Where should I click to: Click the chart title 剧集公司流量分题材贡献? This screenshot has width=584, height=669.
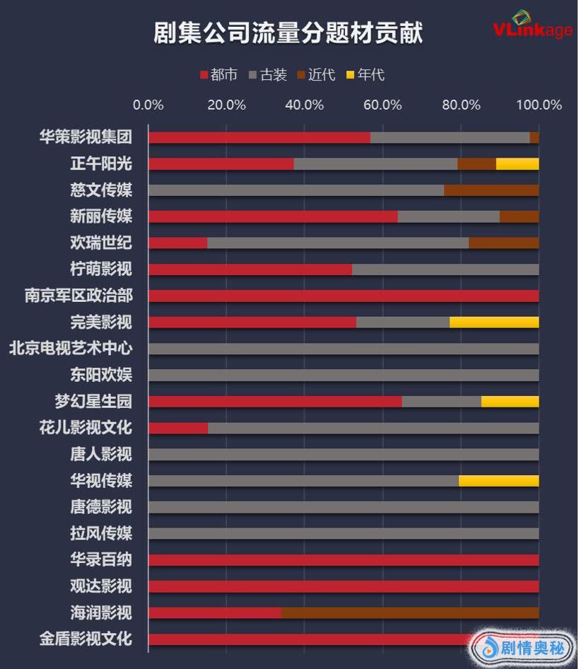click(288, 33)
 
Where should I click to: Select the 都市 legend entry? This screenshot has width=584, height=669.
click(219, 74)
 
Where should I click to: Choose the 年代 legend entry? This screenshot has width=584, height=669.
click(365, 74)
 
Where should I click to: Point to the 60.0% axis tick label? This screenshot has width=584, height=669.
click(382, 105)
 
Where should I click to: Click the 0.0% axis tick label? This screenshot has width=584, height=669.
click(148, 105)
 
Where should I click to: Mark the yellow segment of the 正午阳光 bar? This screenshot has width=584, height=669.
click(517, 164)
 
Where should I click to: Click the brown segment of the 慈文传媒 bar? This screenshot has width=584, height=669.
click(491, 190)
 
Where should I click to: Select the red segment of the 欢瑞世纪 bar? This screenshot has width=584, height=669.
click(177, 243)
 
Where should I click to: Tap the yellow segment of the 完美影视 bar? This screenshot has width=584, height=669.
click(494, 322)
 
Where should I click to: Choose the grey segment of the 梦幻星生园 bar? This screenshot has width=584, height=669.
click(441, 402)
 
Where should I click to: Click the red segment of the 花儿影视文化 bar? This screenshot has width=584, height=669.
click(178, 428)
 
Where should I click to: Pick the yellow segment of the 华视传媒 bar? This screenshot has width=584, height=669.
click(498, 481)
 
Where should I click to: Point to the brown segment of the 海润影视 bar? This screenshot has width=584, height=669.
click(409, 612)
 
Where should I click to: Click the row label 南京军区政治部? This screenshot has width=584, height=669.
click(78, 296)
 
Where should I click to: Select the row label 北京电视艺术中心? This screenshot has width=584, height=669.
click(71, 349)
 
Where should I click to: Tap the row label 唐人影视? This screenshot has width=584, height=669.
click(101, 454)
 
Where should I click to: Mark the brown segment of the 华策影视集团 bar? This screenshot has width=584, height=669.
click(534, 137)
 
